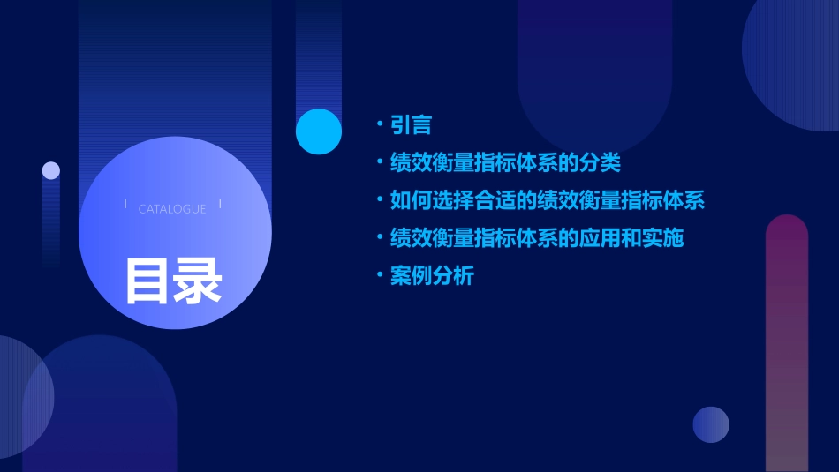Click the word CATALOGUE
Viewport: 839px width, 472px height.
(172, 209)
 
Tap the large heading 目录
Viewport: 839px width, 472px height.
(173, 281)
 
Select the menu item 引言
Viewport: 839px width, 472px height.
(411, 125)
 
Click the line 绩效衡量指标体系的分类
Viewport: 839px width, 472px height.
(505, 163)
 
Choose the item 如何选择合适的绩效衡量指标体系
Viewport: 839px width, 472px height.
(547, 200)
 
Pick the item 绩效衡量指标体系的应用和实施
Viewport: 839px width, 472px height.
(536, 238)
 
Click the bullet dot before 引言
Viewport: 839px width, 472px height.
(380, 125)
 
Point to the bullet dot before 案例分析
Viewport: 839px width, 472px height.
(380, 276)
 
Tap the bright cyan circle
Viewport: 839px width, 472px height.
(318, 131)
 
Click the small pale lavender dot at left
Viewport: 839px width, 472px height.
(51, 170)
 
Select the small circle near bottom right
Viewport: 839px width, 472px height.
(711, 424)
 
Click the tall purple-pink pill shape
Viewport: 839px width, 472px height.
(786, 344)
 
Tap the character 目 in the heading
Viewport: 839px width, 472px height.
(147, 281)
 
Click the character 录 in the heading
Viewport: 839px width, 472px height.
(198, 281)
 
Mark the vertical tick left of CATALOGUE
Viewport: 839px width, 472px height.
(125, 205)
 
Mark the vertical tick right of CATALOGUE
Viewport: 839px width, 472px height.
(220, 205)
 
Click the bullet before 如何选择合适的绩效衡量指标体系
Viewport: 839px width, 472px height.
(380, 200)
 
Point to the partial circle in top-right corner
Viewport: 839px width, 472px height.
(795, 62)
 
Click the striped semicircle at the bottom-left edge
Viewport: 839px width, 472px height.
(22, 397)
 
